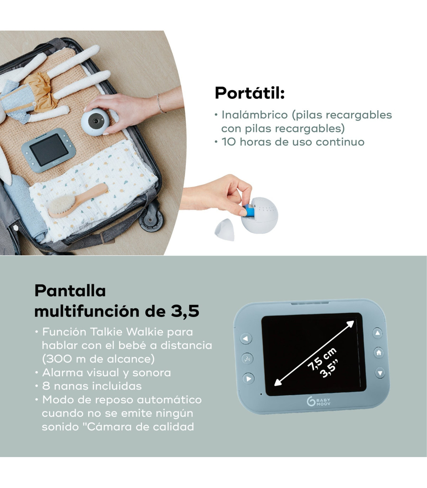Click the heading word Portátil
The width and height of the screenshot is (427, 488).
tap(249, 93)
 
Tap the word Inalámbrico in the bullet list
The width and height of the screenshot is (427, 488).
tap(254, 115)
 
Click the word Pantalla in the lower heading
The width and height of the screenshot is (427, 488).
tap(70, 291)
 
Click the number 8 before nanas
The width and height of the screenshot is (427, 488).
tap(46, 386)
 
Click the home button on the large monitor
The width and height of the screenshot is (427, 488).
tap(379, 352)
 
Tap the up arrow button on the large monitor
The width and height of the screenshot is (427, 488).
tap(378, 333)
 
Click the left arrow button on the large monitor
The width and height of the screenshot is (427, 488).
tap(246, 339)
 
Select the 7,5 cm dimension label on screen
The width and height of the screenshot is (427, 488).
tap(322, 359)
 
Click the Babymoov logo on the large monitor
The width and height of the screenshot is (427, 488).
tap(318, 402)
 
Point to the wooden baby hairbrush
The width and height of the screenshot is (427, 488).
tap(78, 201)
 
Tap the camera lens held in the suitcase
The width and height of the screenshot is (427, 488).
tap(96, 121)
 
